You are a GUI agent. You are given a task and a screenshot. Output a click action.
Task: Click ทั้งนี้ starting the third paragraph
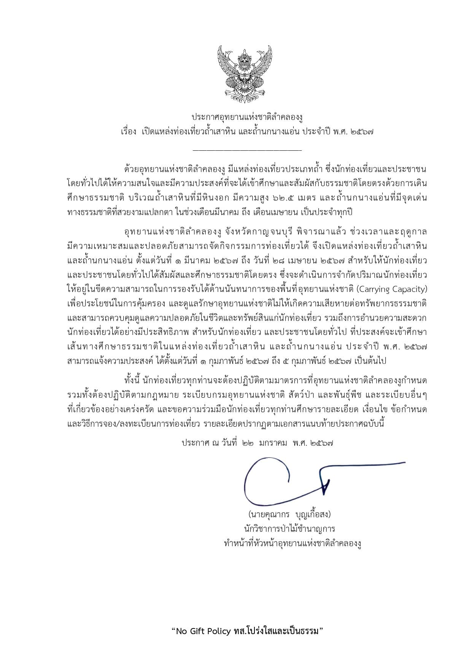point(133,381)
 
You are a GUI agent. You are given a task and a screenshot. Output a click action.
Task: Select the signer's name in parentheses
point(289,515)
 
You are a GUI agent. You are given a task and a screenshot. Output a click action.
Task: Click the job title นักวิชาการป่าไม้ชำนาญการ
point(289,529)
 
